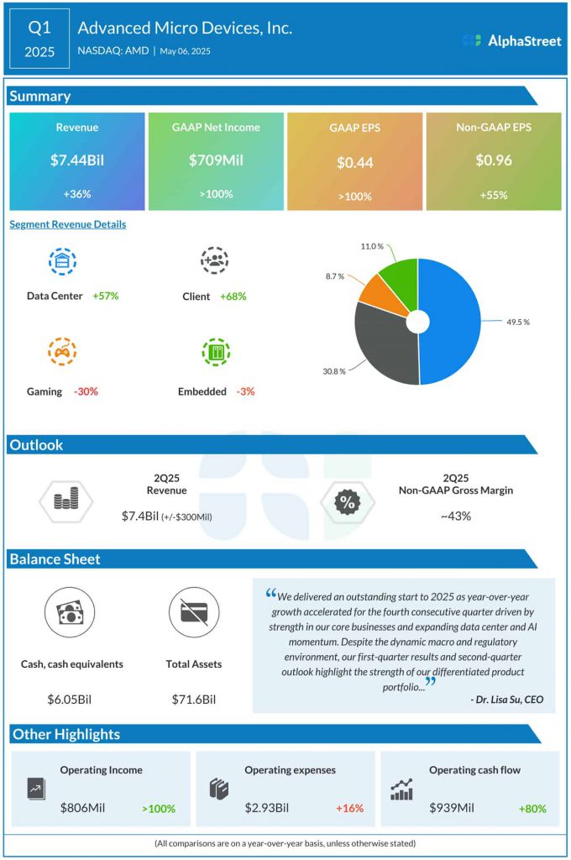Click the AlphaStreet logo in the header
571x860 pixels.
(511, 40)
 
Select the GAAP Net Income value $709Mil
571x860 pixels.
(216, 160)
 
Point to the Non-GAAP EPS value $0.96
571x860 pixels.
(494, 160)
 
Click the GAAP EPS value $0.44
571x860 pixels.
(354, 163)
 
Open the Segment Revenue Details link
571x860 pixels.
(68, 224)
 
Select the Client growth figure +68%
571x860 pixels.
(233, 296)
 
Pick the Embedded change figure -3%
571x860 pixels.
(244, 391)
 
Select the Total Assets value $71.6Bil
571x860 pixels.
(194, 699)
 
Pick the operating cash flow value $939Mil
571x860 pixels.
(452, 808)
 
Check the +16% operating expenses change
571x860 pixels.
(349, 808)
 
